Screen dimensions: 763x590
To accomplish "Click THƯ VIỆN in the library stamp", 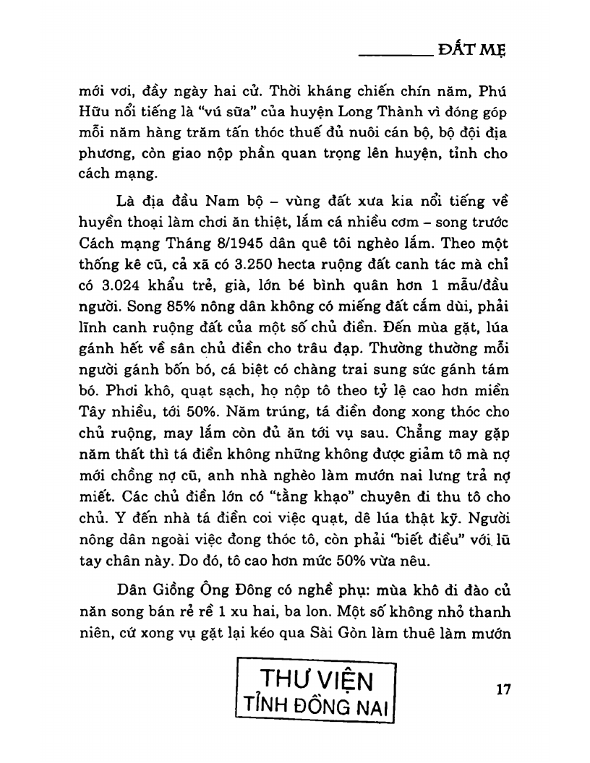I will pyautogui.click(x=316, y=680).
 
